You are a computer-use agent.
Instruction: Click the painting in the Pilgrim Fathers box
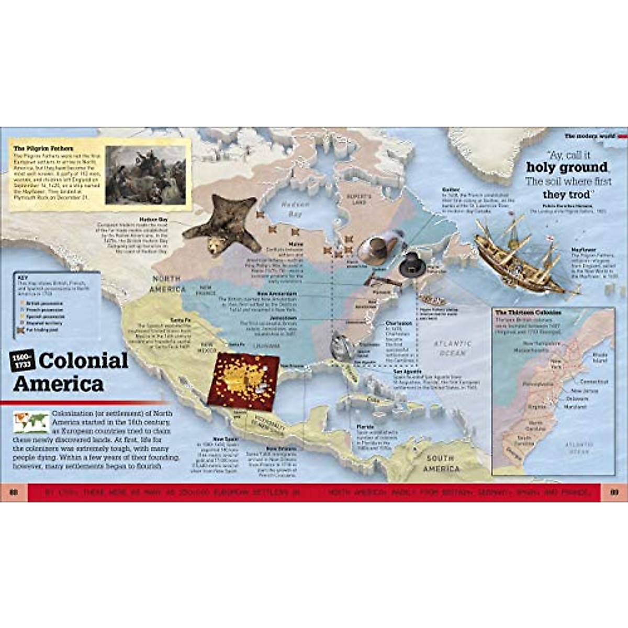coord(145,175)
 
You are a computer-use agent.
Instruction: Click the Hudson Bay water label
coord(295,209)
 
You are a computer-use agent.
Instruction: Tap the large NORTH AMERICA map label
coord(167,284)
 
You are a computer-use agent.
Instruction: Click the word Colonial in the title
coord(84,361)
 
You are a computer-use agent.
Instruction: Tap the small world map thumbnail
coord(31,422)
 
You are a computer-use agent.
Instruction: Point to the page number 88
coord(14,492)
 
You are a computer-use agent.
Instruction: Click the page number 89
coord(614,492)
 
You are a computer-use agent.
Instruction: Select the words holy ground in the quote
coord(567,168)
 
